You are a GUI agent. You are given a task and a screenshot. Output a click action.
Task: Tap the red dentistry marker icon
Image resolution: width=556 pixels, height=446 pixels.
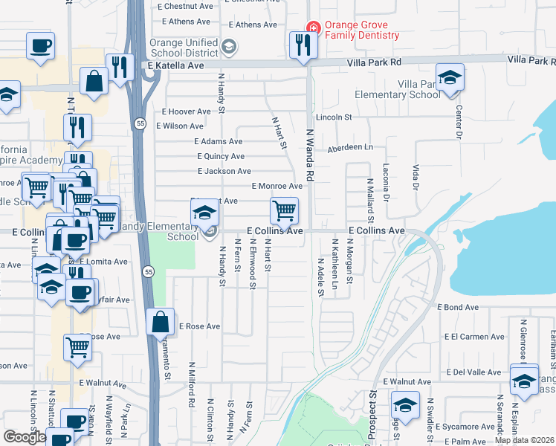coord(314,29)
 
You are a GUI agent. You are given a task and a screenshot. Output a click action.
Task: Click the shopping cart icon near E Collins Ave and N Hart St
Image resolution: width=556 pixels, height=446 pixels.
coord(284,210)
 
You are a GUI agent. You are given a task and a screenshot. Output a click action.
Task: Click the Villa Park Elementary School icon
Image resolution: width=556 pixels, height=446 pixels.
coord(450,78)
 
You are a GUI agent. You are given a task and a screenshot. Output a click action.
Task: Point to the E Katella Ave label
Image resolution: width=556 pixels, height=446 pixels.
coord(175,66)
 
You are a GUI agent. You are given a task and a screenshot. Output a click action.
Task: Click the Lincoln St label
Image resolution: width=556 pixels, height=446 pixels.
coord(333,117)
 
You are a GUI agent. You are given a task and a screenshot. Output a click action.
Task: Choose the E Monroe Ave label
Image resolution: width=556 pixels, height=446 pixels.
coord(277,186)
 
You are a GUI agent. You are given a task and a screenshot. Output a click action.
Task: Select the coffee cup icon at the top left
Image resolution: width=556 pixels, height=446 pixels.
coord(40,45)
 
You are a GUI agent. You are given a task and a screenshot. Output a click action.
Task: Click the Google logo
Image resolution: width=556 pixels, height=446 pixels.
coord(25,437)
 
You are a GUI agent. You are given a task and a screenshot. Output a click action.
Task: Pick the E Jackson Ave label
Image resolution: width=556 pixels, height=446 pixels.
coord(224,171)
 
